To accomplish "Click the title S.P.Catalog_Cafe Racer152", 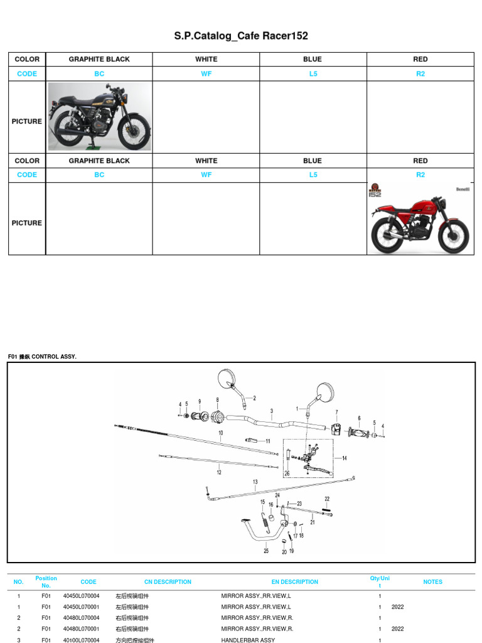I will (x=241, y=36).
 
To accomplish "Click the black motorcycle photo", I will (x=100, y=117).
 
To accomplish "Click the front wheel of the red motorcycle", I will (x=454, y=238).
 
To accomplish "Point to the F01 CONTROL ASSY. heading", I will (x=43, y=357).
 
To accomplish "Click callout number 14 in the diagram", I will (x=344, y=458).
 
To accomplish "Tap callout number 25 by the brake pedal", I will (x=266, y=551).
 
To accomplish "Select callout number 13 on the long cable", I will (x=255, y=482).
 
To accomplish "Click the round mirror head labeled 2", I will (x=226, y=379).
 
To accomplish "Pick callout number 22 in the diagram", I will (x=327, y=499).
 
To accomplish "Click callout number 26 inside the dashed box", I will (x=287, y=473).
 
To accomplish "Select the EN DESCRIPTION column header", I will (x=295, y=582).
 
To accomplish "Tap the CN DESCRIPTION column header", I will (x=168, y=582).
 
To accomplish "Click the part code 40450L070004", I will (x=80, y=596).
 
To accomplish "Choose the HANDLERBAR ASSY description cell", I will (x=248, y=640).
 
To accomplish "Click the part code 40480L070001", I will (x=80, y=629).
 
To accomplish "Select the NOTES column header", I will (x=432, y=582).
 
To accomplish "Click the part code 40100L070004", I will (x=80, y=640).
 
